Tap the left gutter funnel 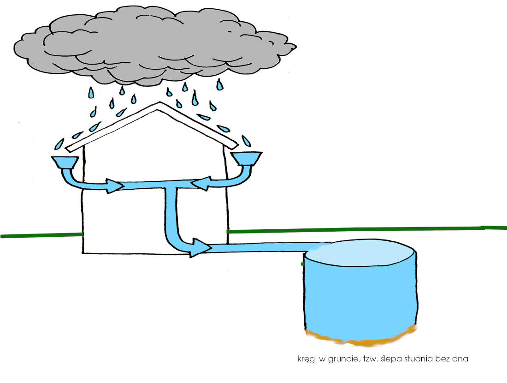click(65, 162)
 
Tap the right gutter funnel click(247, 158)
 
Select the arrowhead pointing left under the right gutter click(201, 184)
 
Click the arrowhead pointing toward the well click(201, 248)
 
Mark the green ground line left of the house click(41, 235)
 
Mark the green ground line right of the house click(367, 229)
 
